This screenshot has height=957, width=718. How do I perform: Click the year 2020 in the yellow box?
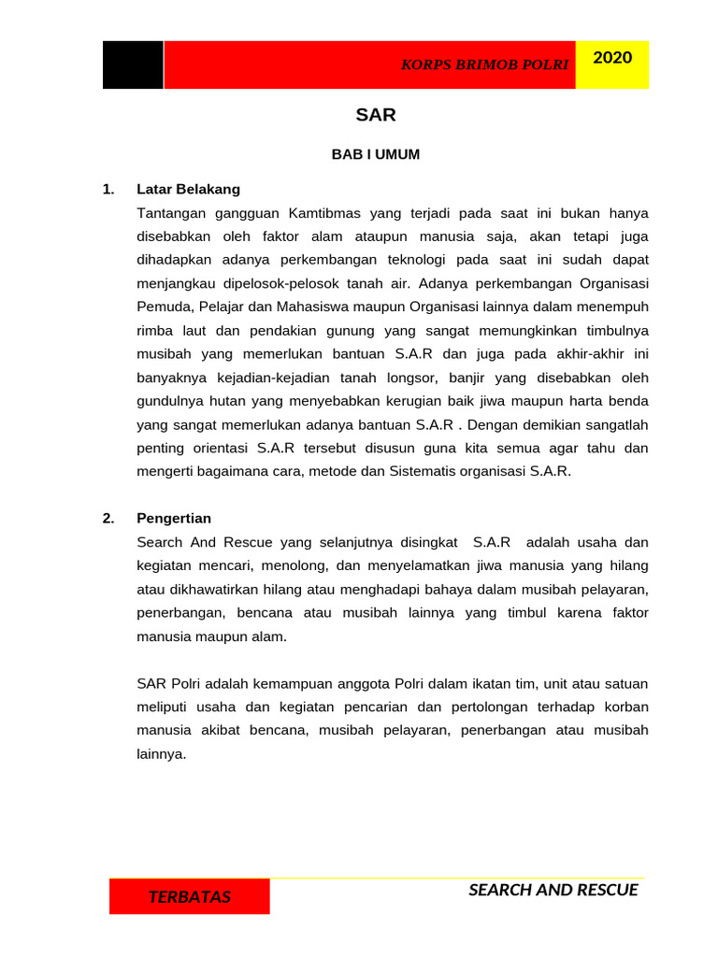pos(612,58)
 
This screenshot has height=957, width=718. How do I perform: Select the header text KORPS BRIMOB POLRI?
pos(485,65)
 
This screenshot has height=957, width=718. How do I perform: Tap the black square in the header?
pos(133,65)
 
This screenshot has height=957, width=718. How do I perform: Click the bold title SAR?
pos(376,116)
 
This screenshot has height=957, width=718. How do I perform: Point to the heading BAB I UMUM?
pos(376,155)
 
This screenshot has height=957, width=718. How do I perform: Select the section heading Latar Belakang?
pos(188,189)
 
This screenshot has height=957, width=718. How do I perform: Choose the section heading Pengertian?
pos(174,518)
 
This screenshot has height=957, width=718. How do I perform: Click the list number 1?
pos(108,189)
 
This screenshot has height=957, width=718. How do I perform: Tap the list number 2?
pos(108,518)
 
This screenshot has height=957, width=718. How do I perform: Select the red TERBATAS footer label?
pos(190,897)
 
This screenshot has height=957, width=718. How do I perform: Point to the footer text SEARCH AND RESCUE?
pos(553,890)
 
